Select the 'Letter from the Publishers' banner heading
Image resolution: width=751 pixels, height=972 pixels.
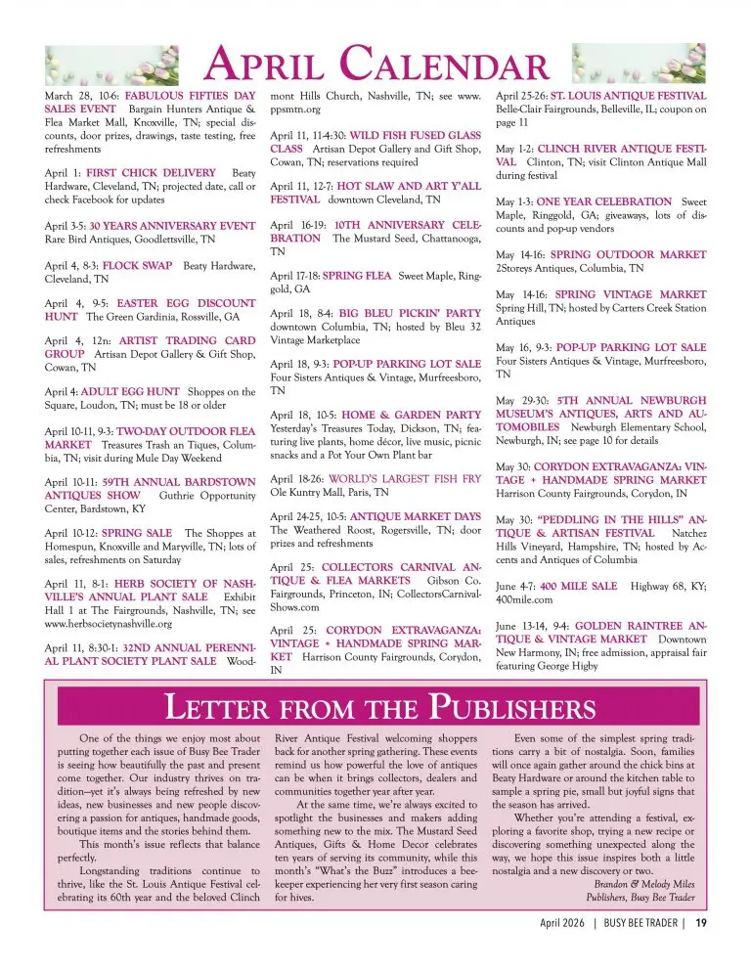click(x=375, y=705)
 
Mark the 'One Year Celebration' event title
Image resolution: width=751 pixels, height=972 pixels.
click(x=611, y=201)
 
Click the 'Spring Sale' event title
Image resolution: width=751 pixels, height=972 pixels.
click(x=131, y=533)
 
